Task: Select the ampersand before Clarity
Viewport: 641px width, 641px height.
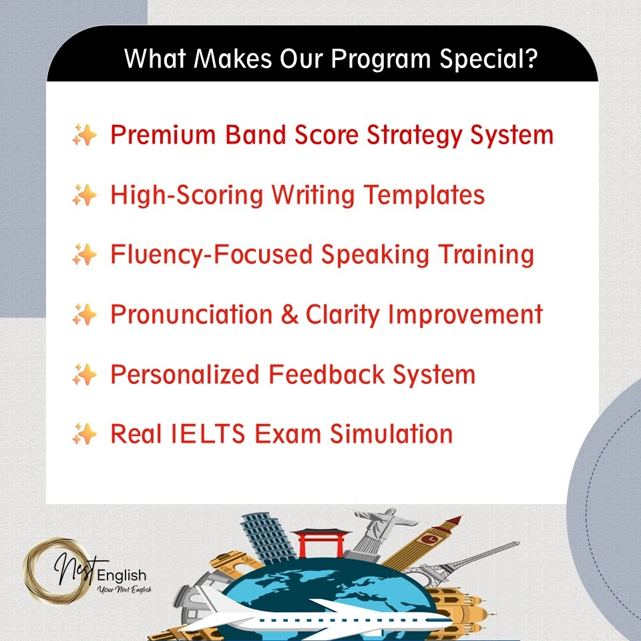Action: coord(289,314)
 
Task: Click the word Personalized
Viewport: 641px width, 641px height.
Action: coord(185,375)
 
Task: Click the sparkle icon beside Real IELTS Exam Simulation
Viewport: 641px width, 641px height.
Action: coord(84,435)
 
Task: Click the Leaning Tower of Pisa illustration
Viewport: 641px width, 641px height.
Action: coord(263,541)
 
